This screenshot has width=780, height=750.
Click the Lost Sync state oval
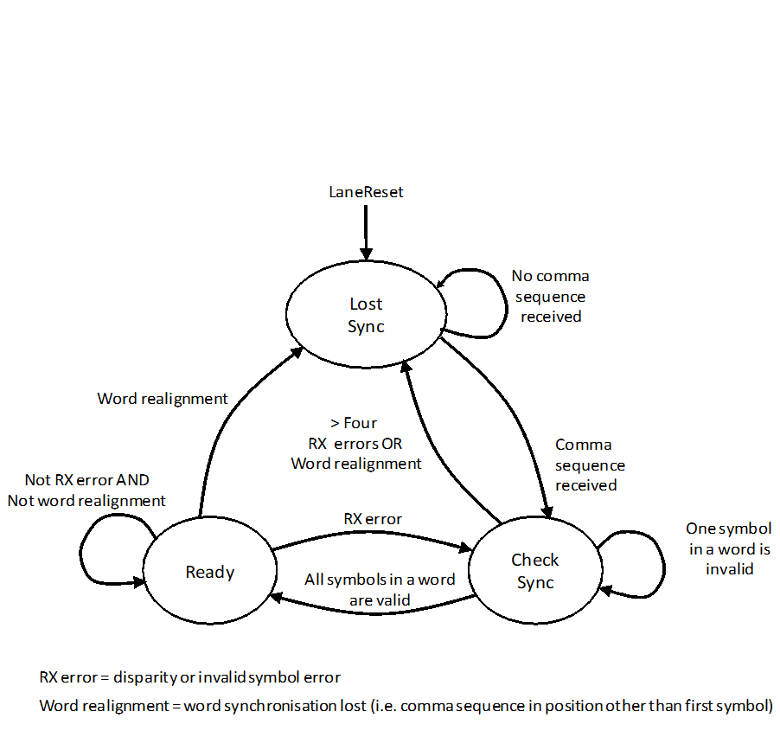(366, 315)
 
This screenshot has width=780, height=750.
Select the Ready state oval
(210, 572)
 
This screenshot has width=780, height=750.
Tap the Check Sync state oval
(534, 571)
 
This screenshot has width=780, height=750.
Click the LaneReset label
(367, 192)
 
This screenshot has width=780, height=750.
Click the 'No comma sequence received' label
(551, 296)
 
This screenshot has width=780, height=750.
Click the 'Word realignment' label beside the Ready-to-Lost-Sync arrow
(163, 399)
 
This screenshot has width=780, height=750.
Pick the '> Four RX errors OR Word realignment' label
(355, 443)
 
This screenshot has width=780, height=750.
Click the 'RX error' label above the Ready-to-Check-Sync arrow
(373, 519)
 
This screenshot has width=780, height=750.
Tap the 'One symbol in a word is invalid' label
(729, 548)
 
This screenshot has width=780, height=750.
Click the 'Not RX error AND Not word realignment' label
(86, 490)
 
